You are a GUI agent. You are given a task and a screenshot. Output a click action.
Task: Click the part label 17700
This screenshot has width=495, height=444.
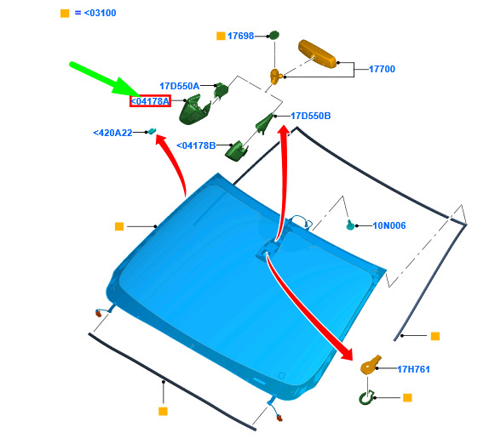[x=382, y=69]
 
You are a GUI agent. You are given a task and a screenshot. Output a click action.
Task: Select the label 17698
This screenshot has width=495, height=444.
[x=240, y=36]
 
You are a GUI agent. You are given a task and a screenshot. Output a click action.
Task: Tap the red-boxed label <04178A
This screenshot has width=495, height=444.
[x=150, y=101]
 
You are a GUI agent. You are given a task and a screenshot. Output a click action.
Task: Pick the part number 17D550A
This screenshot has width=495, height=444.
[x=179, y=86]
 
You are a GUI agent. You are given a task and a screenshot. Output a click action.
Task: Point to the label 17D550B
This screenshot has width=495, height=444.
[x=311, y=116]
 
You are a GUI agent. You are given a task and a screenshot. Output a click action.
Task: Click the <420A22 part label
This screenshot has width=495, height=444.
[x=112, y=133]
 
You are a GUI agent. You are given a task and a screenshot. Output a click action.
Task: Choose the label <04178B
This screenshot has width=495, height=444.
[x=196, y=145]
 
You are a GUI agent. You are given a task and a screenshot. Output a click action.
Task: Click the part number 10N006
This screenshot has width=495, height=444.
[x=389, y=225]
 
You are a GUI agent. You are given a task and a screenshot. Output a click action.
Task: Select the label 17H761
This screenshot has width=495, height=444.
[x=413, y=369]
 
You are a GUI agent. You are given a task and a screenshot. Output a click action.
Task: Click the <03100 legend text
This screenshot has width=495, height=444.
[x=100, y=13]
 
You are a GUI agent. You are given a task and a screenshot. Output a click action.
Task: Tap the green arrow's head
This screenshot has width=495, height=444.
[x=128, y=88]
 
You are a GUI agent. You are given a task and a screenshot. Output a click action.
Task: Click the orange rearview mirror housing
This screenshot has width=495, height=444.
[x=317, y=54]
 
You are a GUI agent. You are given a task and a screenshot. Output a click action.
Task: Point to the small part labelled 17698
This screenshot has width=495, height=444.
[x=273, y=35]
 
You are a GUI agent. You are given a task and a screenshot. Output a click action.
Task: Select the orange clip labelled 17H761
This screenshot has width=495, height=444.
[x=371, y=365]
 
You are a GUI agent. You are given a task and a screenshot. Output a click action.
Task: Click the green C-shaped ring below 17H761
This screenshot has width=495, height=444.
[x=366, y=398]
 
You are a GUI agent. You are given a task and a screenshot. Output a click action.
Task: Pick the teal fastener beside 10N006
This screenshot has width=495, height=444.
[x=350, y=225]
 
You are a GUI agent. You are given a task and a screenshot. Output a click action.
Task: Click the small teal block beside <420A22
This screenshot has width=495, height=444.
[x=153, y=131]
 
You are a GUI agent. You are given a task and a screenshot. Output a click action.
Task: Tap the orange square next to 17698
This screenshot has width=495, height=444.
[x=221, y=36]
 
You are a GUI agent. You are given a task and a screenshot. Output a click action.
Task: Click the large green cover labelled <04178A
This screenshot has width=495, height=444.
[x=194, y=110]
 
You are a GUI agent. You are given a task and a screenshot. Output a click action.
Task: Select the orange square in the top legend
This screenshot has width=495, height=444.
[x=65, y=14]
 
